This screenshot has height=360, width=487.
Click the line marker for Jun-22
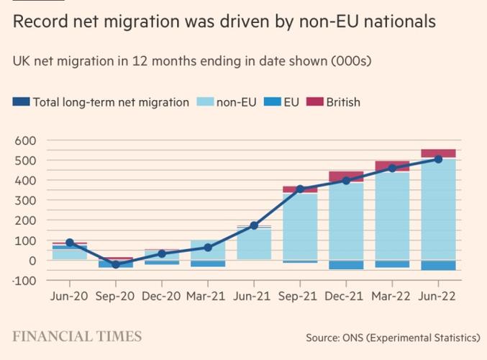tap(438, 159)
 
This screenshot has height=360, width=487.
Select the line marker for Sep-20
tap(116, 264)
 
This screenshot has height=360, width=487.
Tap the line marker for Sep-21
tap(300, 189)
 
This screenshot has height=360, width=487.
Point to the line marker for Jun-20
tap(70, 243)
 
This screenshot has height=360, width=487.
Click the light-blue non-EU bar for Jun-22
tap(438, 209)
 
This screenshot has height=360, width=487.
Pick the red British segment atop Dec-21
tap(346, 176)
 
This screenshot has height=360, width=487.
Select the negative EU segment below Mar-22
tap(392, 264)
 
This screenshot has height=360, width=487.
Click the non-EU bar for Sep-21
tap(300, 227)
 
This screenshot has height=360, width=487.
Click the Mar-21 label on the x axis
tap(207, 295)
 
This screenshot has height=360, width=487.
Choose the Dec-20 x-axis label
tap(162, 295)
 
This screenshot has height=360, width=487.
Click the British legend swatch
tap(314, 102)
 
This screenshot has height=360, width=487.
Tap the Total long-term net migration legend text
tap(111, 102)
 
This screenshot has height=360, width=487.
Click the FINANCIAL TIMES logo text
tap(76, 336)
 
